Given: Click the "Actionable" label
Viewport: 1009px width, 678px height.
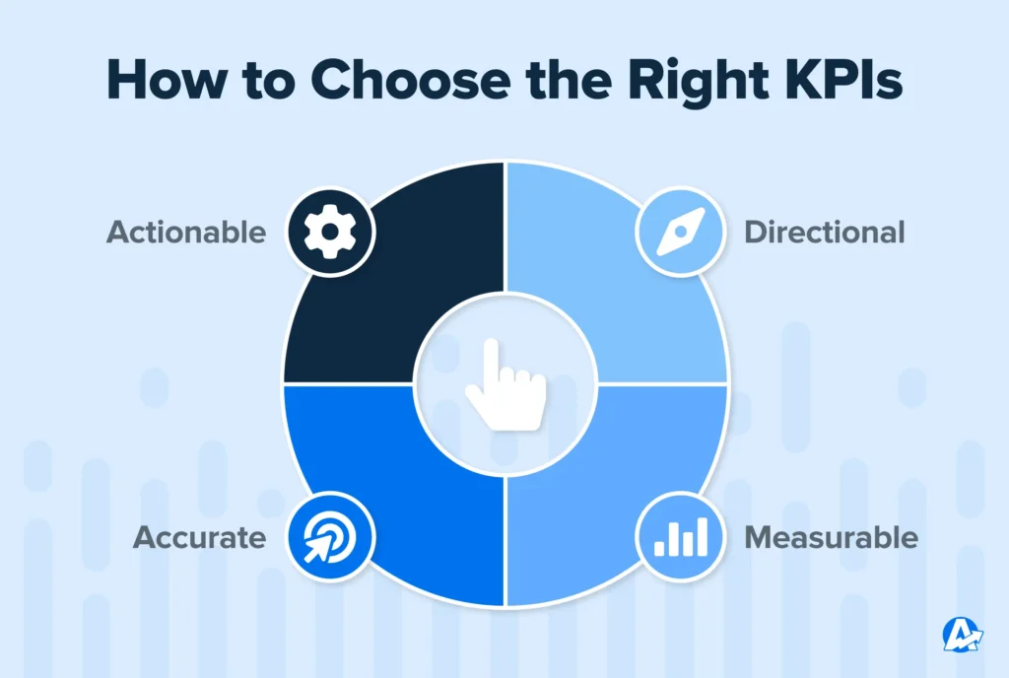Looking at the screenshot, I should click(186, 233).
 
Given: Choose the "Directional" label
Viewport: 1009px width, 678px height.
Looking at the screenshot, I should click(824, 233).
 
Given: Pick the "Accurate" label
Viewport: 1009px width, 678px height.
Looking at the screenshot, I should click(200, 538).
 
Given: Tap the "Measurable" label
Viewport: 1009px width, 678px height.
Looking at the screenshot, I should click(831, 538).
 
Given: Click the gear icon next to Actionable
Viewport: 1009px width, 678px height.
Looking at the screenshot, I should click(330, 233).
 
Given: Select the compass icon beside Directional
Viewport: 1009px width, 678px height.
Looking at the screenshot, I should click(679, 233).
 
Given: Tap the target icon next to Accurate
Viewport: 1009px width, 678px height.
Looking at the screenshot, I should click(330, 538).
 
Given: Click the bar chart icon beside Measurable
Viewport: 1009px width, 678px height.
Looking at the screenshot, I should click(679, 538).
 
